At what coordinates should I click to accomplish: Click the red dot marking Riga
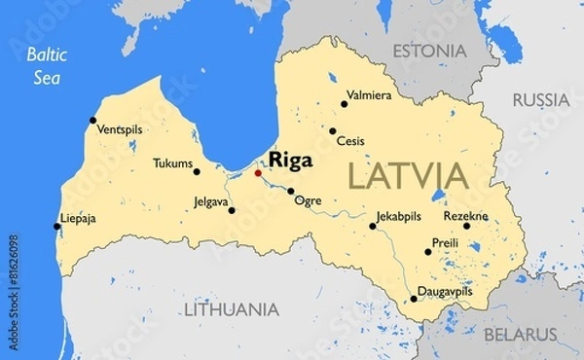pyautogui.click(x=258, y=173)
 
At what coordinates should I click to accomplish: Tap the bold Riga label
pyautogui.click(x=291, y=160)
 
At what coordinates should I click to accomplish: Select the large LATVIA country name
pyautogui.click(x=407, y=176)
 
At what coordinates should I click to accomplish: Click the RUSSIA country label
pyautogui.click(x=540, y=99)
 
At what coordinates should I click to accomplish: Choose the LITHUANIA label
pyautogui.click(x=232, y=309)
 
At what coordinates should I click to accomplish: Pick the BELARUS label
pyautogui.click(x=522, y=335)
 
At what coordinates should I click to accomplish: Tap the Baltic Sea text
pyautogui.click(x=45, y=64)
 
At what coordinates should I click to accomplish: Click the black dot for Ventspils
pyautogui.click(x=93, y=121)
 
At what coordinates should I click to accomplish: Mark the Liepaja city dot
pyautogui.click(x=57, y=227)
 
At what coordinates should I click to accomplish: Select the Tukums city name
pyautogui.click(x=172, y=163)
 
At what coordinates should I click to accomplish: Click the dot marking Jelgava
pyautogui.click(x=231, y=210)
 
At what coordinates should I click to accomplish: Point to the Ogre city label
pyautogui.click(x=308, y=201)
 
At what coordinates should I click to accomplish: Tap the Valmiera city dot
pyautogui.click(x=345, y=104)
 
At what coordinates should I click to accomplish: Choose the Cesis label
pyautogui.click(x=350, y=141)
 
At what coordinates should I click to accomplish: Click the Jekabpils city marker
pyautogui.click(x=373, y=226)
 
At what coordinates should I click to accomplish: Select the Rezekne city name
pyautogui.click(x=466, y=215)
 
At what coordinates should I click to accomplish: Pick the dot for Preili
pyautogui.click(x=428, y=252)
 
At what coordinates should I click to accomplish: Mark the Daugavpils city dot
pyautogui.click(x=414, y=299)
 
